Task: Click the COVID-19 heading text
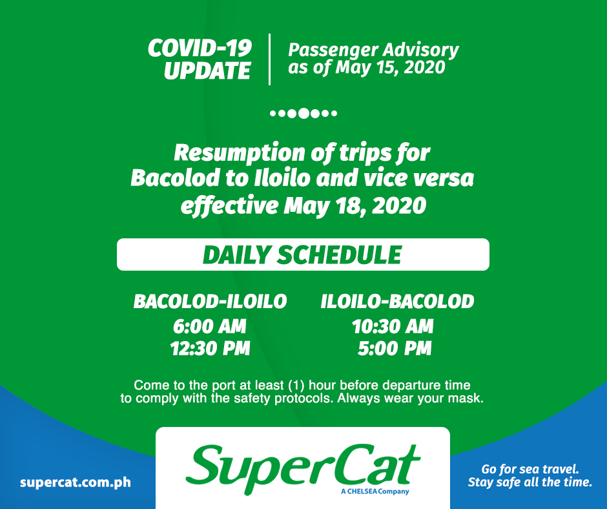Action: [200, 48]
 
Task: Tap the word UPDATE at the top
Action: [207, 70]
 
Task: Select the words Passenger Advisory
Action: [374, 50]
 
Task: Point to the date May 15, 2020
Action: [391, 67]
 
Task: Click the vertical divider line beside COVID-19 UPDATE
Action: [269, 59]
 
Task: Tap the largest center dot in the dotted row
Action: [304, 114]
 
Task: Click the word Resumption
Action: [239, 153]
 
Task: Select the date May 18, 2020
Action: [355, 205]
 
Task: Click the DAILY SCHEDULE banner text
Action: [302, 255]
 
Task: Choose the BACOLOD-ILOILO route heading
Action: [211, 302]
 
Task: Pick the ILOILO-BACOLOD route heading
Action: [397, 302]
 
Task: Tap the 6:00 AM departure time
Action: [209, 326]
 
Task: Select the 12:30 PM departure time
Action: [211, 348]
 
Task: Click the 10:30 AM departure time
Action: [393, 326]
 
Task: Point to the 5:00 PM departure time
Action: [395, 348]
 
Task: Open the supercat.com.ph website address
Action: [76, 483]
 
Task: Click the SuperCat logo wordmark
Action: [303, 469]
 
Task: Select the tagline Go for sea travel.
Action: [530, 469]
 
